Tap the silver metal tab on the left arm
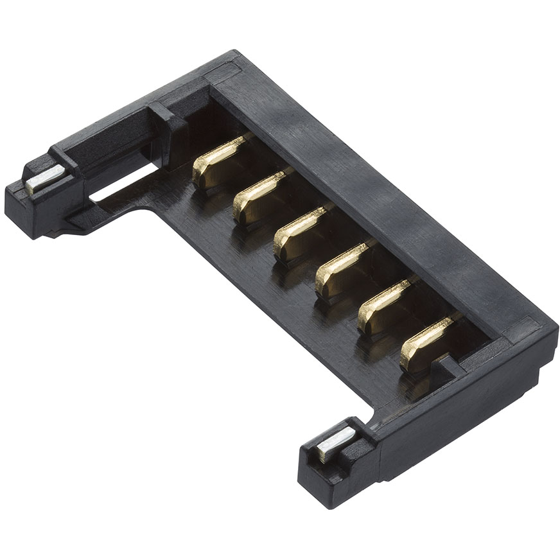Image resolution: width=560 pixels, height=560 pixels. (45, 179)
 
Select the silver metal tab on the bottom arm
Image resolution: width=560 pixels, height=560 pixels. (335, 443)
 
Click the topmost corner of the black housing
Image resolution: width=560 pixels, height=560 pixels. (234, 53)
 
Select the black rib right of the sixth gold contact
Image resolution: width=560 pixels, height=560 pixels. (450, 366)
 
